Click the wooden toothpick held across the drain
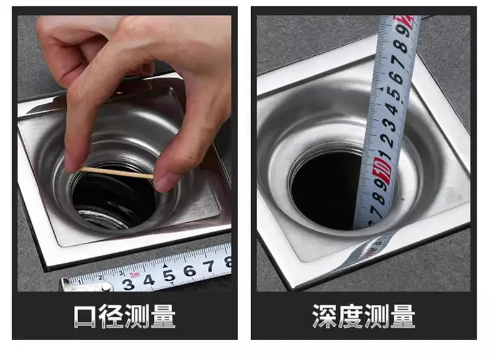click(x=117, y=173)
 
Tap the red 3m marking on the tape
click(x=135, y=275)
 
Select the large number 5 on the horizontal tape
click(x=169, y=276)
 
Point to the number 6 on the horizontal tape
click(x=190, y=271)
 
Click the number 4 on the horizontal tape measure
click(x=149, y=279)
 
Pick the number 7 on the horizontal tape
click(x=209, y=266)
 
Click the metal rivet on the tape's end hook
click(x=106, y=287)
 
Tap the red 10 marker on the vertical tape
click(x=382, y=171)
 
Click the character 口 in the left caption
click(x=85, y=316)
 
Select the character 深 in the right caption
click(x=324, y=316)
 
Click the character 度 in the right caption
click(x=350, y=316)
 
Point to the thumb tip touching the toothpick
click(x=163, y=182)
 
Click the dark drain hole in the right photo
click(x=325, y=191)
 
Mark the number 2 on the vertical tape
click(x=388, y=140)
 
